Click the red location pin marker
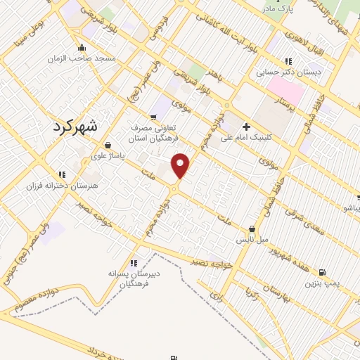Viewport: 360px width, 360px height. (181, 165)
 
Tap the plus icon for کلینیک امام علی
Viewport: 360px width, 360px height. (245, 127)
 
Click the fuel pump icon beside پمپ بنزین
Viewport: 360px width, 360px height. (322, 272)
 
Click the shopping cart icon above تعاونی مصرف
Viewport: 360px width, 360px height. (153, 117)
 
